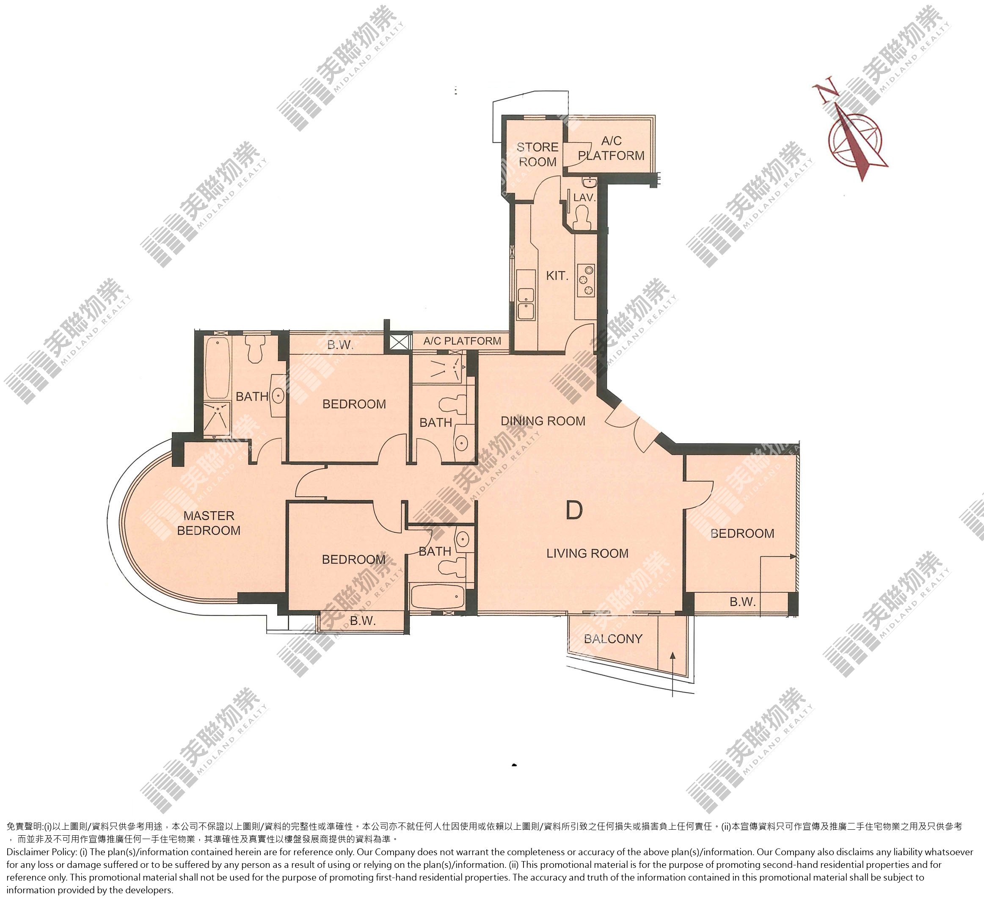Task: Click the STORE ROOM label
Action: coord(537,155)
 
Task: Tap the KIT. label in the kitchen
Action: coord(557,276)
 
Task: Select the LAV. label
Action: coord(584,197)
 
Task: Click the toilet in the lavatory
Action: coord(582,216)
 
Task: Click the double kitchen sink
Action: coord(526,304)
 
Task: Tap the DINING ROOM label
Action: coord(543,421)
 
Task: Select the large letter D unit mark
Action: coord(574,510)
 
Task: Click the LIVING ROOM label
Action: coord(587,553)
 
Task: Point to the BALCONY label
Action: coord(613,639)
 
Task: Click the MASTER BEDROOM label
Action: coord(209,523)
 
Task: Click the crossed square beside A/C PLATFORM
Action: coord(398,341)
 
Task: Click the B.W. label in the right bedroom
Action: coord(743,602)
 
